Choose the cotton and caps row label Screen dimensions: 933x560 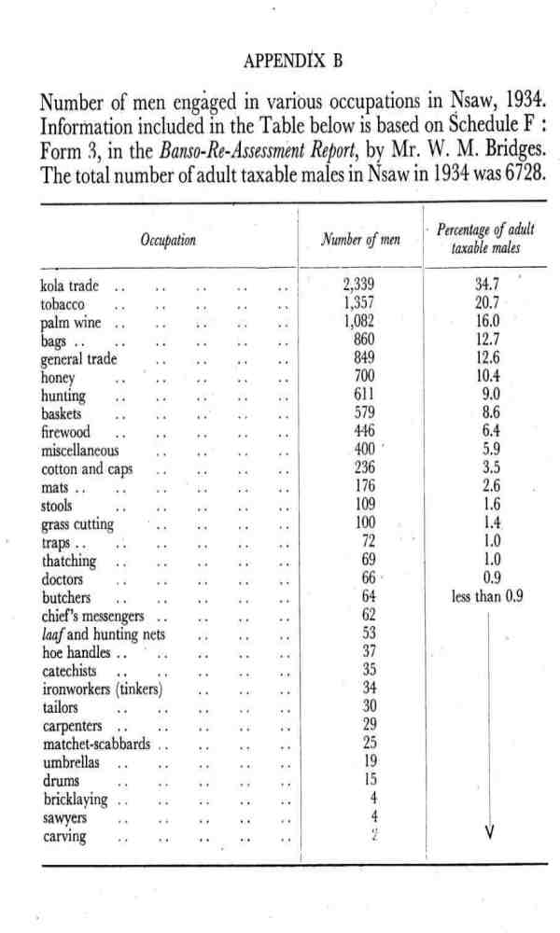coord(86,468)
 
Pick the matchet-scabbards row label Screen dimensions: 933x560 coord(97,744)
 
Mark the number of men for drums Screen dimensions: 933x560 coord(371,780)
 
